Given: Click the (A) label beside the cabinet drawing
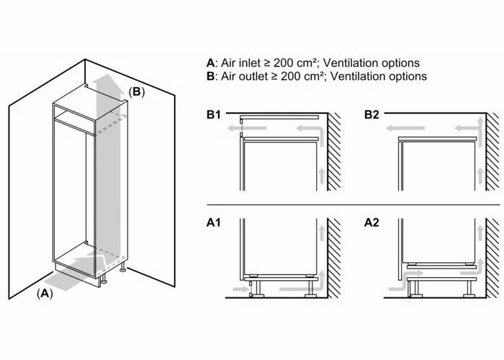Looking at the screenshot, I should [x=45, y=293].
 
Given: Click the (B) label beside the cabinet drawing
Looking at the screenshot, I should [x=137, y=91].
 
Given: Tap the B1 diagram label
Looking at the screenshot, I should [x=215, y=114].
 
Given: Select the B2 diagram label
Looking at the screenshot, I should [x=372, y=114].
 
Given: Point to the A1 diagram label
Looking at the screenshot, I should [x=215, y=223].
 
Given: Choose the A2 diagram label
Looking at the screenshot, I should [x=372, y=223].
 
